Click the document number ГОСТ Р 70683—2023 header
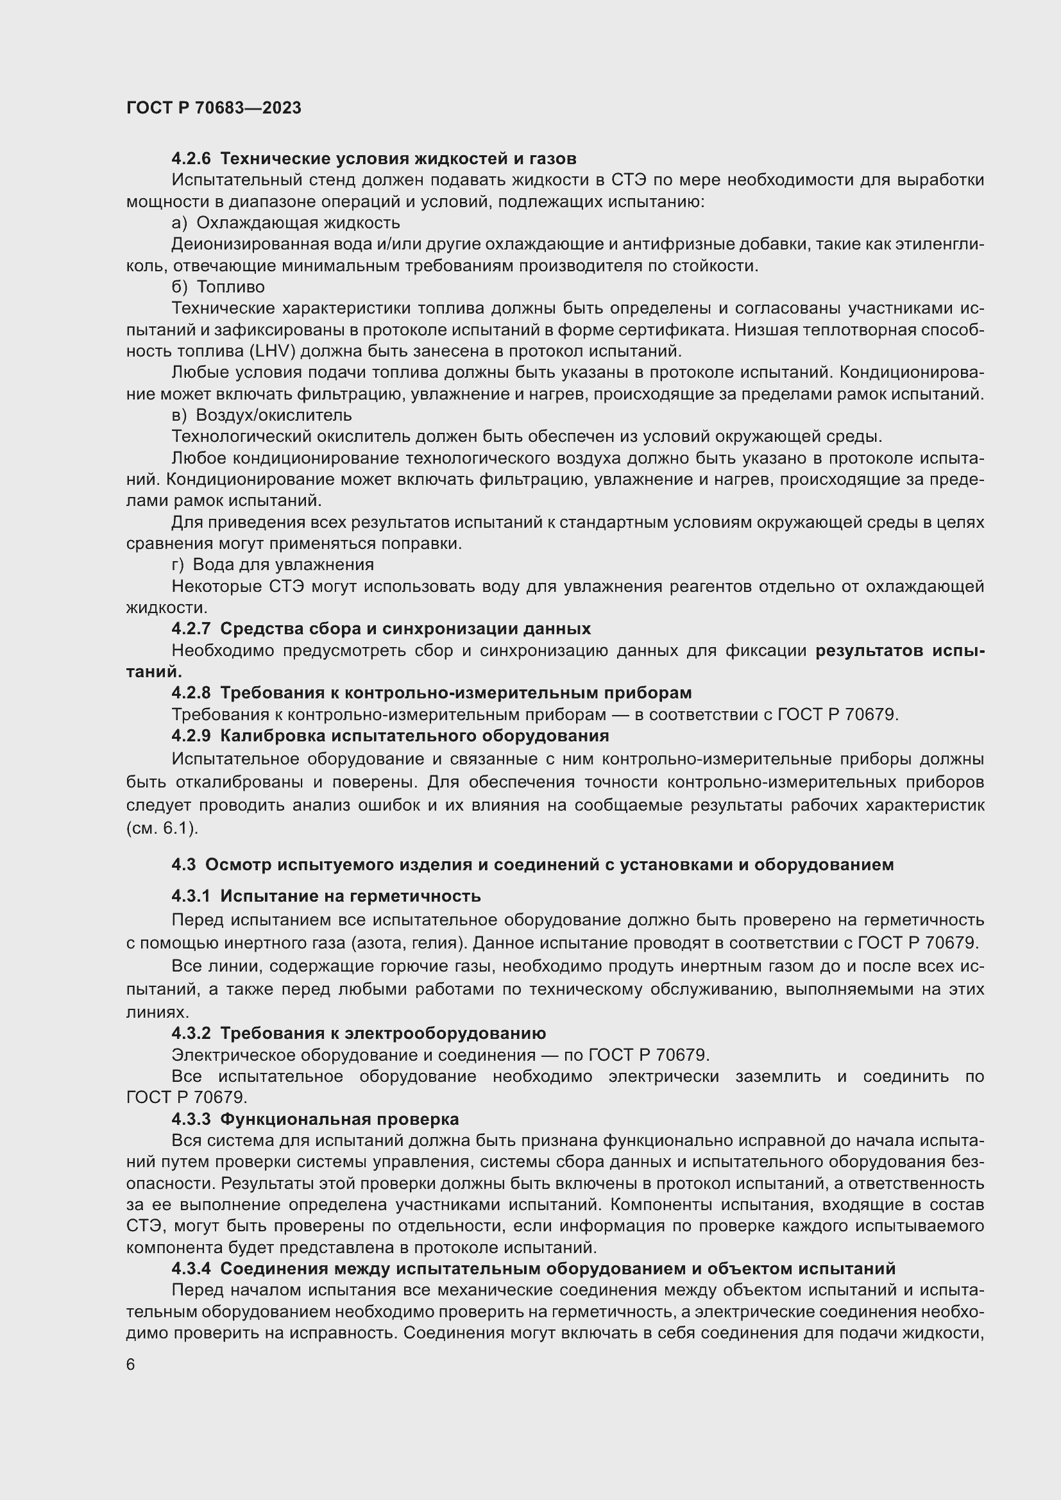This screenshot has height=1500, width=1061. [x=214, y=108]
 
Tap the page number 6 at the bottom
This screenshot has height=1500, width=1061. [x=131, y=1365]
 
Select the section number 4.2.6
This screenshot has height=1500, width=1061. [x=191, y=159]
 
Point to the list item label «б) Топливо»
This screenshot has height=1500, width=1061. [x=218, y=287]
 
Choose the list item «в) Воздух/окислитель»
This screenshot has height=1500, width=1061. [x=261, y=416]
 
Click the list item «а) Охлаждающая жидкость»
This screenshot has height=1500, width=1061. [x=285, y=223]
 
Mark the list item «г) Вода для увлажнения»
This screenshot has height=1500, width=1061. [x=273, y=564]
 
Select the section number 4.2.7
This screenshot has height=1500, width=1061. [x=191, y=628]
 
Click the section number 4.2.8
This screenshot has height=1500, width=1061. [x=191, y=693]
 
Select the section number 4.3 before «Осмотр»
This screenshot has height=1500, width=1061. [x=183, y=865]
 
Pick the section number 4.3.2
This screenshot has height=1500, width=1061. [x=191, y=1034]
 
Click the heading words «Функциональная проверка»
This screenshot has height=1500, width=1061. [x=339, y=1119]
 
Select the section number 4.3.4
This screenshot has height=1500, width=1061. [x=191, y=1268]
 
